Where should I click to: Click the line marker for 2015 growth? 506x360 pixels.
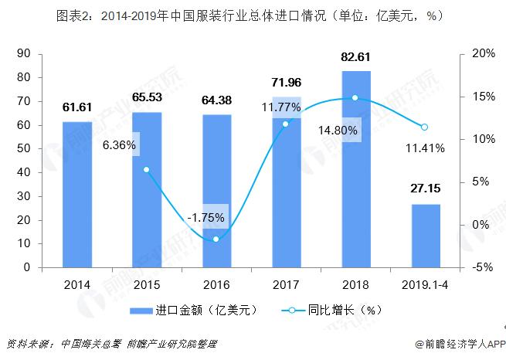(x=146, y=170)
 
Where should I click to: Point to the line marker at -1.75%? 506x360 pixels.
(x=216, y=239)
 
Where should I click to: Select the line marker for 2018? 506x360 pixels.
(x=355, y=98)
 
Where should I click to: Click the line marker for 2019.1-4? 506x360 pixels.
(x=425, y=127)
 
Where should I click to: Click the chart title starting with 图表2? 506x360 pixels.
(x=253, y=15)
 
